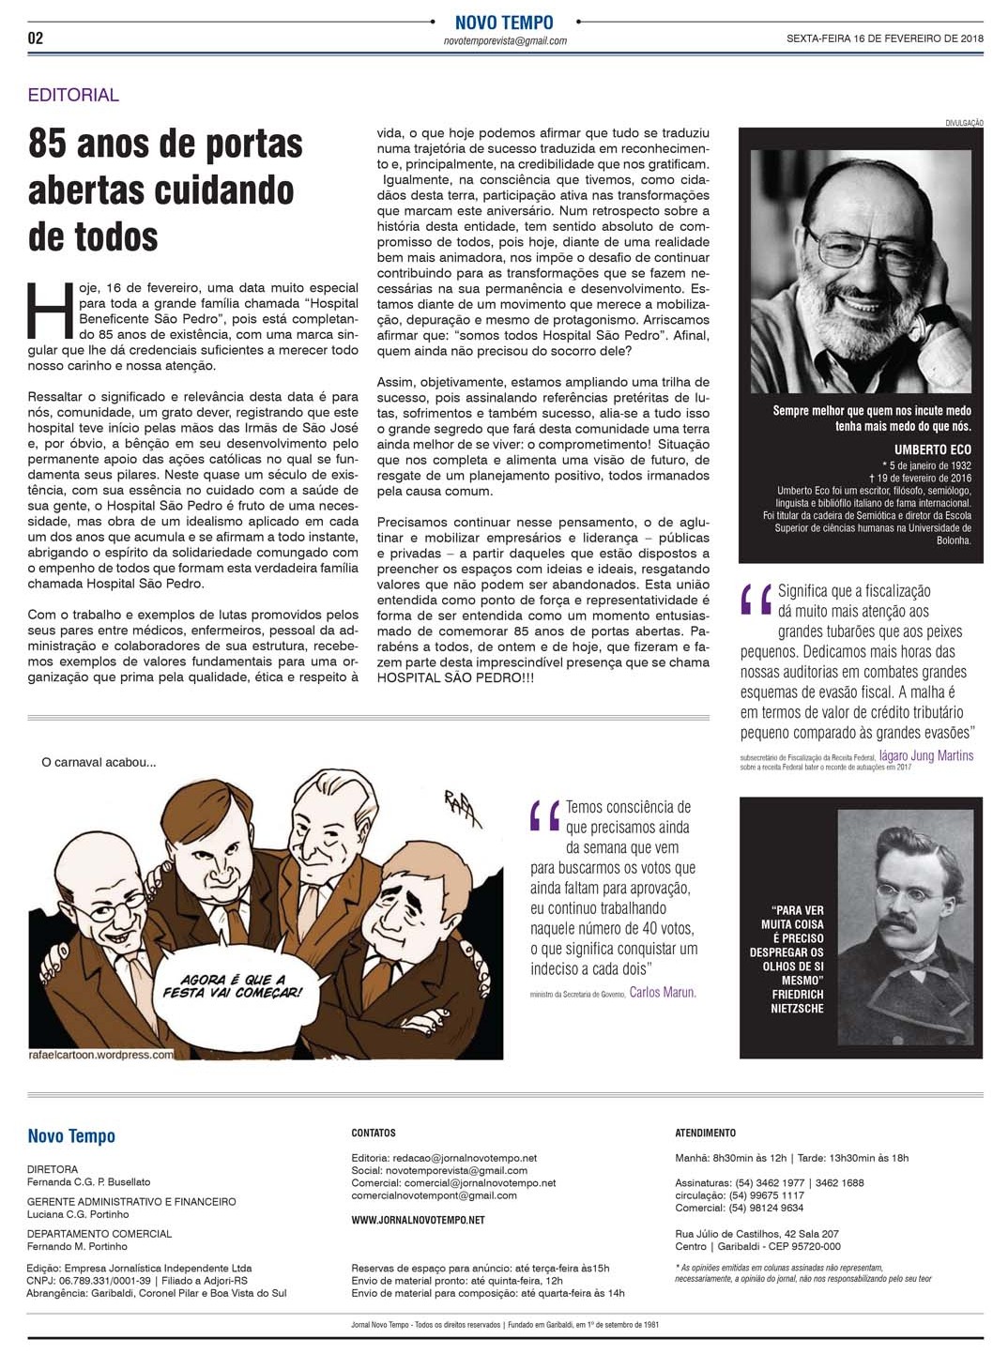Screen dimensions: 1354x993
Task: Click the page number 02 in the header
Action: click(x=36, y=38)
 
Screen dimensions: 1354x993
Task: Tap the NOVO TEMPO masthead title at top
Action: click(x=504, y=22)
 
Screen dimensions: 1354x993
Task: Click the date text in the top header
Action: click(x=884, y=38)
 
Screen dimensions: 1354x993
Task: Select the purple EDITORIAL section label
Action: click(x=73, y=95)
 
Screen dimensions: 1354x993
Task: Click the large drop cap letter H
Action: click(x=50, y=309)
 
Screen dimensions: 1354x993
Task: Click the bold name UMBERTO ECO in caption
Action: click(x=932, y=449)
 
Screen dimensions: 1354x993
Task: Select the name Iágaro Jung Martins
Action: click(x=925, y=755)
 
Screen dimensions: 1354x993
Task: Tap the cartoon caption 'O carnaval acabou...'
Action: click(x=99, y=762)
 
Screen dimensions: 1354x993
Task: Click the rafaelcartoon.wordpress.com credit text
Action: click(x=101, y=1054)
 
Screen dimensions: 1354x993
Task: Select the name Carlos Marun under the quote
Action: click(x=663, y=992)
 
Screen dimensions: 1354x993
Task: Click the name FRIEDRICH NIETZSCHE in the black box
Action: click(x=797, y=1001)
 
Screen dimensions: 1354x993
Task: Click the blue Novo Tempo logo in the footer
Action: click(x=71, y=1136)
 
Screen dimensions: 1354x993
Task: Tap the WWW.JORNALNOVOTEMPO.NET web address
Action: click(x=418, y=1220)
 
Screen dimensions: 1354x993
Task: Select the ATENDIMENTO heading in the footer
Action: click(x=705, y=1133)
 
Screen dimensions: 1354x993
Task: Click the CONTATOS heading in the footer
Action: click(x=374, y=1133)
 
